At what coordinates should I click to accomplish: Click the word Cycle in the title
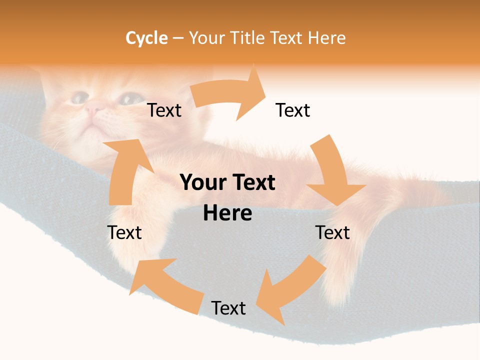click(x=146, y=38)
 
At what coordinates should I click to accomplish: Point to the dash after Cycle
click(x=178, y=38)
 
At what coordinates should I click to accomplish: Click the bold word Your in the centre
click(x=201, y=183)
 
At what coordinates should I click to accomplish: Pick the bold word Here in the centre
click(x=227, y=213)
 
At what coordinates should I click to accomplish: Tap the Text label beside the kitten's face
click(x=164, y=110)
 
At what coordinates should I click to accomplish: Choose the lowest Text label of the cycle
click(x=228, y=308)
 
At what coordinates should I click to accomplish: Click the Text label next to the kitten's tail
click(x=332, y=232)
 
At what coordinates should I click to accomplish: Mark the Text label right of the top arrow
click(x=293, y=110)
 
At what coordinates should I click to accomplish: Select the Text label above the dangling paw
click(x=124, y=232)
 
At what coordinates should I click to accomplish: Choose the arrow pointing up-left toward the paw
click(x=165, y=285)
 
